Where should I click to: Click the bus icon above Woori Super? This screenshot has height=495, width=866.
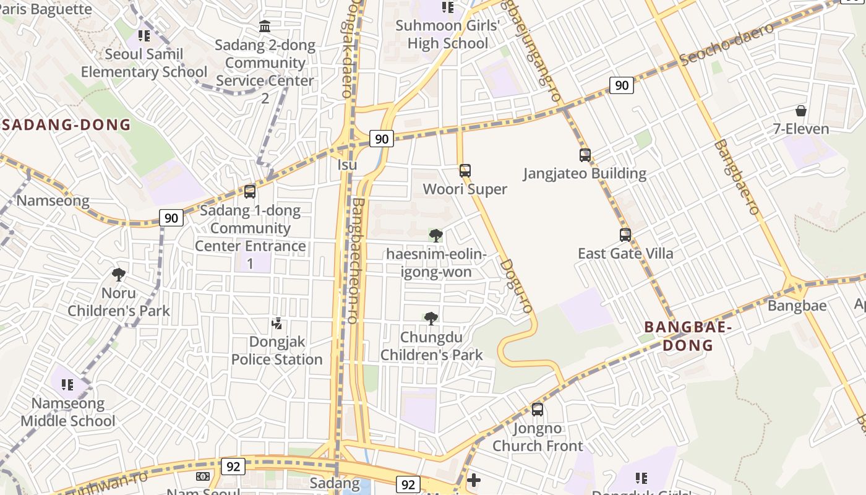pos(465,170)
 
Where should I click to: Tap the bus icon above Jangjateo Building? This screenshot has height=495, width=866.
pos(585,155)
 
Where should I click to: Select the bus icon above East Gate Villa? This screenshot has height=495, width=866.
pos(625,235)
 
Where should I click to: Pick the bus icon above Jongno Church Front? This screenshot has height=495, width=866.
pos(538,409)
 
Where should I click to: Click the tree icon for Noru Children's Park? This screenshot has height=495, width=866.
pos(119,274)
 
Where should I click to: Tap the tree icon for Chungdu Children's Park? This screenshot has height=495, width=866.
pos(431,319)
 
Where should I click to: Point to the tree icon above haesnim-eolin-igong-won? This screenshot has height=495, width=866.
pos(436,235)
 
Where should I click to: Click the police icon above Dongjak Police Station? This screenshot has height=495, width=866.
pos(277,323)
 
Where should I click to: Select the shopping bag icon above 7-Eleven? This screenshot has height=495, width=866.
pos(801,111)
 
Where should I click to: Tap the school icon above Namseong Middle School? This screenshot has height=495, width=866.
pos(67,385)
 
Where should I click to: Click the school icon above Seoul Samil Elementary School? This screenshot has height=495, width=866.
pos(144,36)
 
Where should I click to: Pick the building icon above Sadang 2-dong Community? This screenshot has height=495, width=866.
pos(265,27)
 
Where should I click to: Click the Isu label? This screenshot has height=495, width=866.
pos(348,165)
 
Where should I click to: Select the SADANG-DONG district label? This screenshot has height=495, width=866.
pos(67,124)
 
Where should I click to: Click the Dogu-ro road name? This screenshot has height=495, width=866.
pos(516,285)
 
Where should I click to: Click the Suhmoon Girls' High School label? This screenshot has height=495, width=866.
pos(448,34)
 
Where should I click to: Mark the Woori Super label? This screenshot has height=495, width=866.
pos(465,189)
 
